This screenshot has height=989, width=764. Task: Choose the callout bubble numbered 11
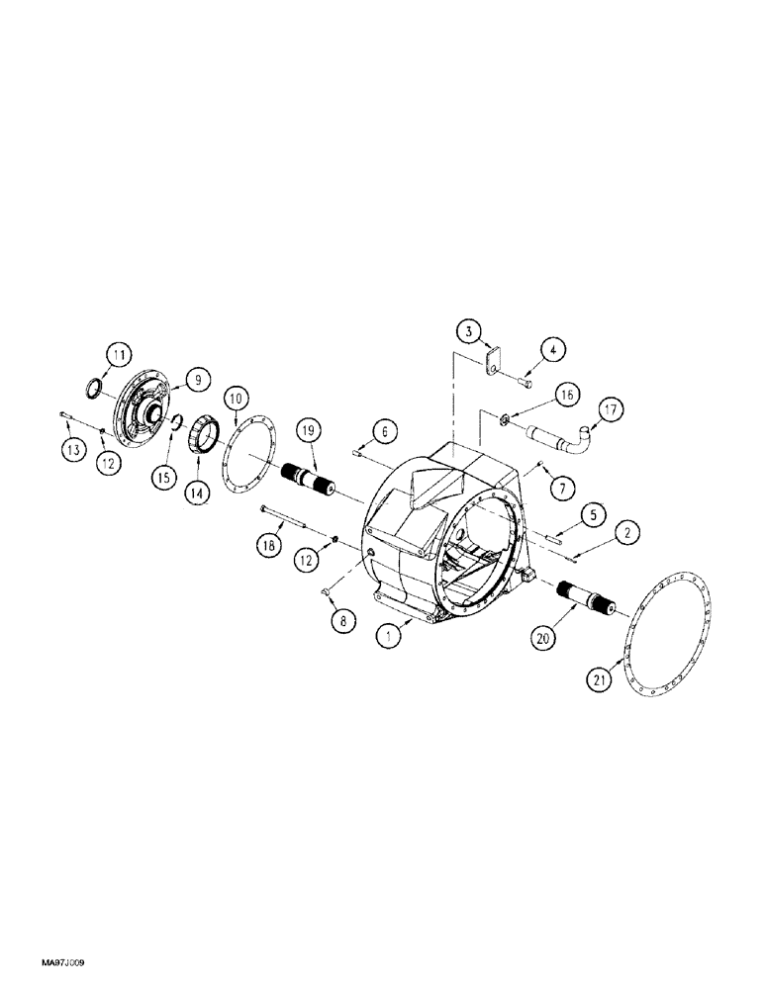(x=119, y=353)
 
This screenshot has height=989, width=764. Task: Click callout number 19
(x=307, y=430)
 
